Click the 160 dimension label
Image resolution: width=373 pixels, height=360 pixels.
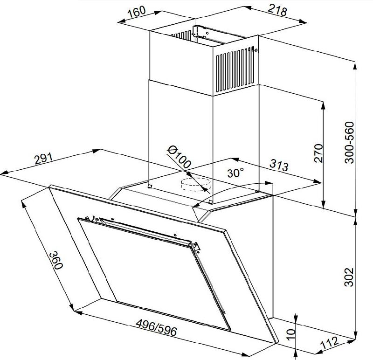(x=136, y=12)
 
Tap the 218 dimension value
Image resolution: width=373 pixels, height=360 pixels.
(x=277, y=10)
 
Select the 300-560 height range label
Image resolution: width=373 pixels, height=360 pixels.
(x=349, y=142)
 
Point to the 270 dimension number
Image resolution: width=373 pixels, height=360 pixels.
(x=318, y=153)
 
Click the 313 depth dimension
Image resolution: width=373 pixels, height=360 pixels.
(x=279, y=165)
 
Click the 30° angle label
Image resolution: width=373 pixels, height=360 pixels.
(x=235, y=173)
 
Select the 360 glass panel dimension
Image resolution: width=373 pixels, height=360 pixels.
(x=56, y=260)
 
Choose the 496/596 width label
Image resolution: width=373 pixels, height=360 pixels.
(x=157, y=328)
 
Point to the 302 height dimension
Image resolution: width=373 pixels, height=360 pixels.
(x=349, y=277)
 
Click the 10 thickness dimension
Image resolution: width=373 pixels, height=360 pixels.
(x=290, y=334)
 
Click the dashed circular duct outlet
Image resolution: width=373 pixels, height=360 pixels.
(x=195, y=184)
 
